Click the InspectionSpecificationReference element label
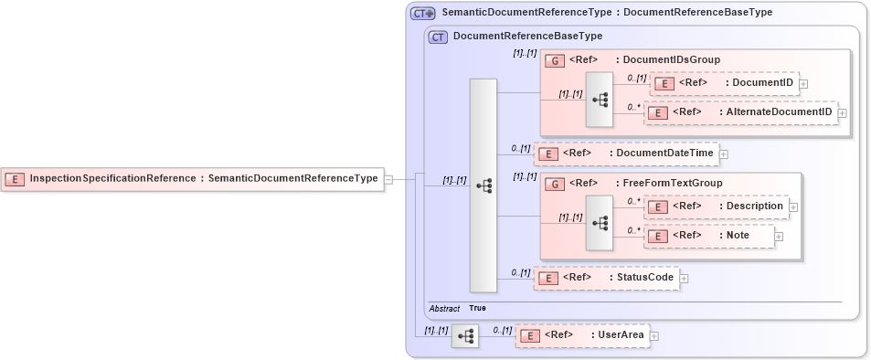(203, 179)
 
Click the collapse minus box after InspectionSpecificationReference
(388, 179)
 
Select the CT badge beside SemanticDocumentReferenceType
(422, 13)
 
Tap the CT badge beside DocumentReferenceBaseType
(438, 37)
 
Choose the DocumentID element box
(724, 83)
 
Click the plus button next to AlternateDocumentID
(843, 112)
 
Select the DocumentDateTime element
(626, 154)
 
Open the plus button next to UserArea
(653, 336)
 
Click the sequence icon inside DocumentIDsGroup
(600, 99)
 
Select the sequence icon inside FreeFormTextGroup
(600, 221)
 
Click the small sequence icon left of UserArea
(464, 336)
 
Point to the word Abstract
(444, 309)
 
